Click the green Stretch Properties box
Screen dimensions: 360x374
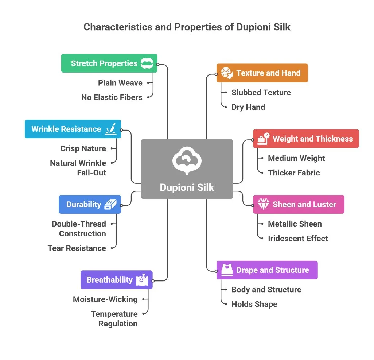click(109, 63)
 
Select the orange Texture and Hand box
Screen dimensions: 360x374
click(262, 73)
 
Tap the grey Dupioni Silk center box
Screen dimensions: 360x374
click(187, 169)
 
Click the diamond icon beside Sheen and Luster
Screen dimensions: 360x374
click(263, 204)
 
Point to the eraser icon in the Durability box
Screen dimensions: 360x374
click(110, 204)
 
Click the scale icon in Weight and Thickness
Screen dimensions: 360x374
click(263, 139)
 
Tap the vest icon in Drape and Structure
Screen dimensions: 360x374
click(227, 270)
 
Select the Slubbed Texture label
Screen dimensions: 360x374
click(261, 93)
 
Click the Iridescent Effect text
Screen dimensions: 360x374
click(298, 239)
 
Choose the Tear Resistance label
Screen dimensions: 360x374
click(77, 248)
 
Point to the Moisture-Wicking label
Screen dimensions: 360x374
click(105, 299)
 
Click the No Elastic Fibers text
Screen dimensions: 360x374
click(112, 97)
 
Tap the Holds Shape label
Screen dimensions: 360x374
click(254, 304)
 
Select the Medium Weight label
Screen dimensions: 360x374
click(296, 158)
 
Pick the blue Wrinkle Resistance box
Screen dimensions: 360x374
click(73, 129)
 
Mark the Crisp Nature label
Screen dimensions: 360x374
click(83, 148)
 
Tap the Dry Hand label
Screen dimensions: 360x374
click(248, 107)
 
